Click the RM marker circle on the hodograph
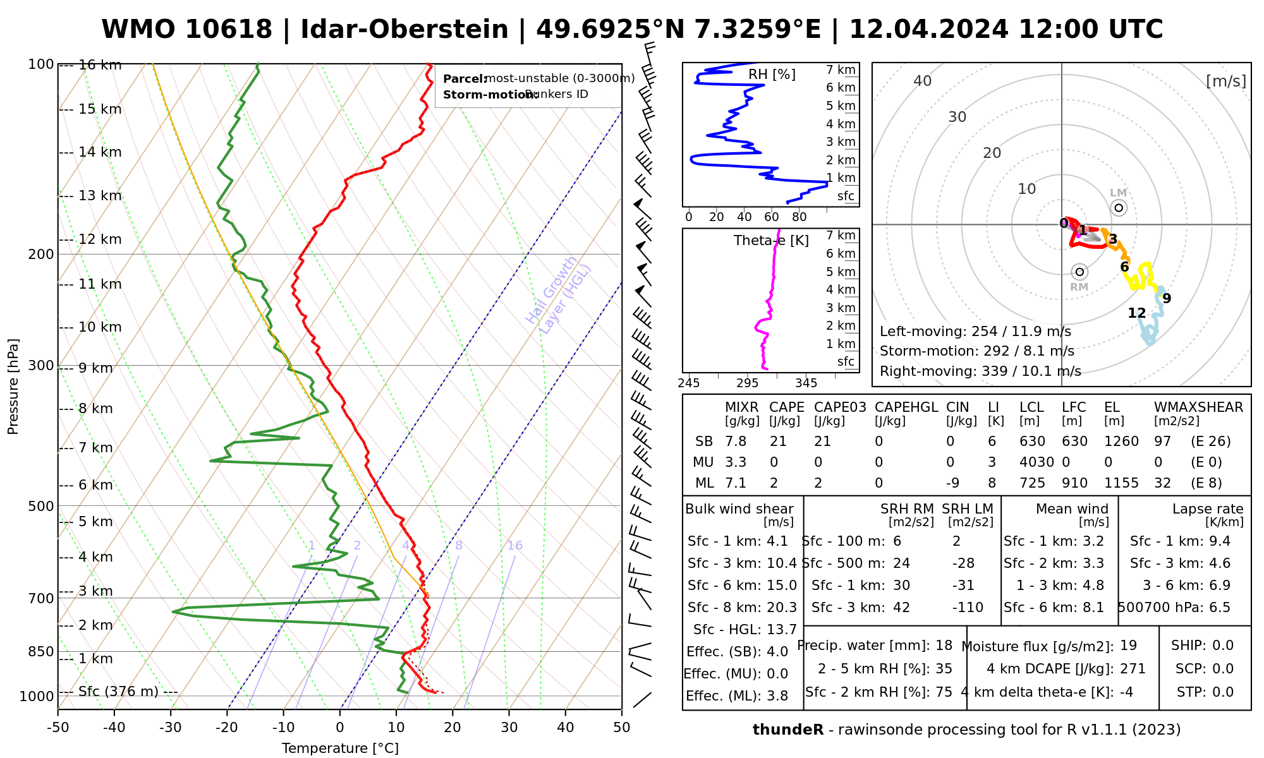1079,272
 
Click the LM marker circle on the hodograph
1119,208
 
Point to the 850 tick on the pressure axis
42,651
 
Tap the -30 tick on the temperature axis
171,728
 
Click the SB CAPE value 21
777,442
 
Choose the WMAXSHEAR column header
1198,407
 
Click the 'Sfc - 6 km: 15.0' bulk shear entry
742,586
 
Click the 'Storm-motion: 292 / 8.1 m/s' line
976,351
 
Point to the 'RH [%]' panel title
772,75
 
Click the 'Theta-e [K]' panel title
771,241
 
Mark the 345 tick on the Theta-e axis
806,383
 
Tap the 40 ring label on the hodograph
923,81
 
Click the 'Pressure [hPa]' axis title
13,387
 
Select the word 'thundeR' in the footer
787,730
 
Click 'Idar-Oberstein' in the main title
404,30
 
